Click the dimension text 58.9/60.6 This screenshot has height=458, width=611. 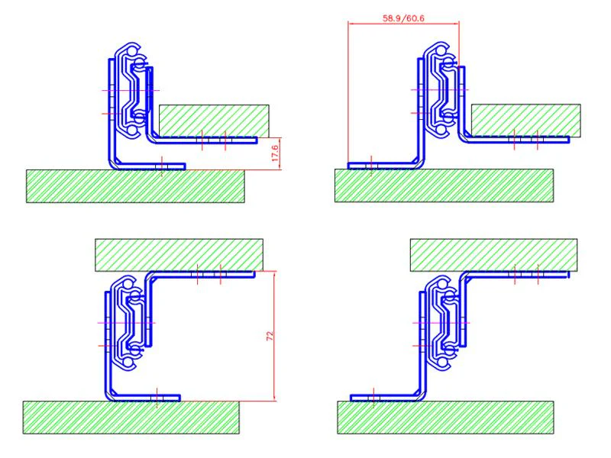403,18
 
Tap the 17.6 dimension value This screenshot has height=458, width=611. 275,153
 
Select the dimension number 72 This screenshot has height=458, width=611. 270,336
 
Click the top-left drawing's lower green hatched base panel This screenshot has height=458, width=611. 135,186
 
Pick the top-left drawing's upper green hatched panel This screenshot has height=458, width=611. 214,121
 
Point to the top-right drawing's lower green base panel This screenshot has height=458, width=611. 444,185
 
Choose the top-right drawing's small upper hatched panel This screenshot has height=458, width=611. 526,121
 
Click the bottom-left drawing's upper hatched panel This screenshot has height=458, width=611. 179,255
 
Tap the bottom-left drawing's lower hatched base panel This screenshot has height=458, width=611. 131,418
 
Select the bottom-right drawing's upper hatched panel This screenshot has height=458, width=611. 493,255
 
